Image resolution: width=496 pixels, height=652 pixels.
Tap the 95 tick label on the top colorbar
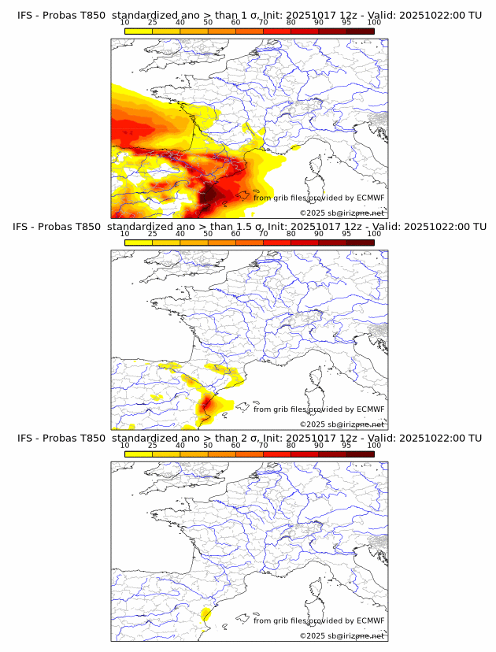(x=346, y=23)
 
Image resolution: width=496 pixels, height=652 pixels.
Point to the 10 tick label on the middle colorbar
(x=124, y=234)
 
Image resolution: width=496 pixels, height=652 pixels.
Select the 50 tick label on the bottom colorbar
(x=208, y=445)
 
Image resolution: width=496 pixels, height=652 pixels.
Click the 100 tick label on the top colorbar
(x=373, y=23)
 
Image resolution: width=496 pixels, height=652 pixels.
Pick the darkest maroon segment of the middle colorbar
(x=360, y=243)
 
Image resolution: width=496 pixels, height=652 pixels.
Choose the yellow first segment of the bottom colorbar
(x=138, y=454)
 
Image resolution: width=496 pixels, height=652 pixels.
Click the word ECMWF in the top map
(x=370, y=198)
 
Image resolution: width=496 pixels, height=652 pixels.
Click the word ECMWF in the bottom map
(x=370, y=621)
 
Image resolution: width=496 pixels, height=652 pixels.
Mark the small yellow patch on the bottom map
(x=206, y=614)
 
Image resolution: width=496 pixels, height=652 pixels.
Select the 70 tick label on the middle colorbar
(x=263, y=234)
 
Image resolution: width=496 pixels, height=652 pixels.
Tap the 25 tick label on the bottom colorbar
(x=152, y=445)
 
